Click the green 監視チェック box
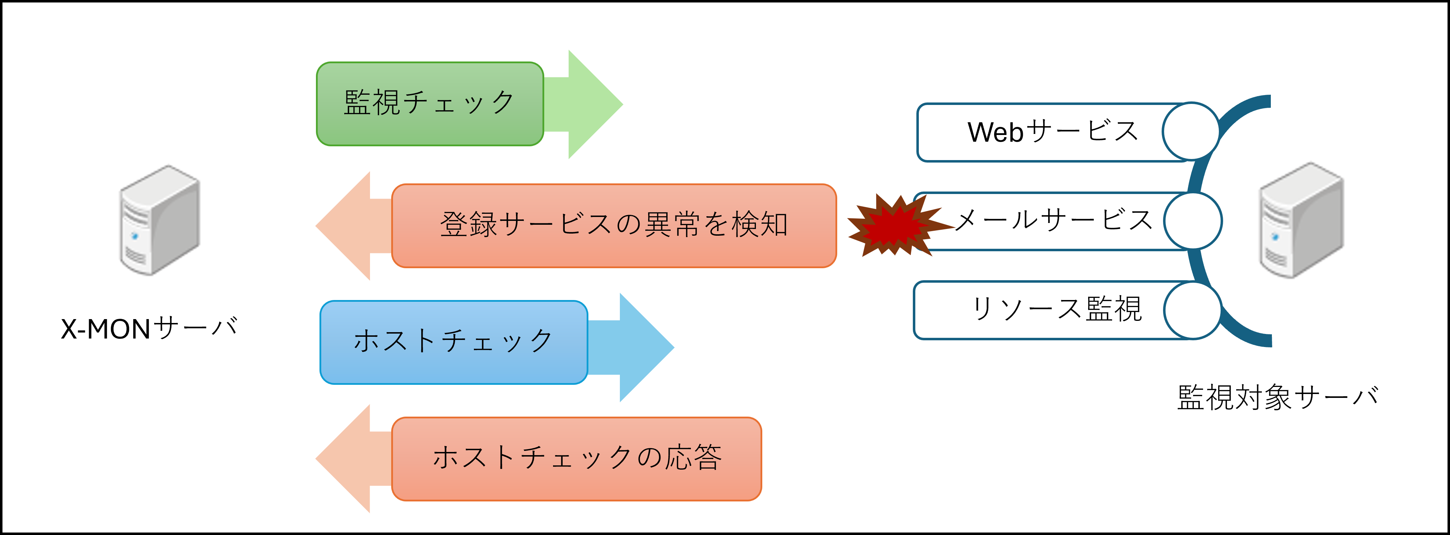[429, 104]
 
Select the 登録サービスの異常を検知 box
[614, 225]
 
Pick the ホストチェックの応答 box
[576, 458]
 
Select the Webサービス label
[1052, 132]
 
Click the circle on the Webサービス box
[1191, 131]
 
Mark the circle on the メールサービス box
[1193, 221]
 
